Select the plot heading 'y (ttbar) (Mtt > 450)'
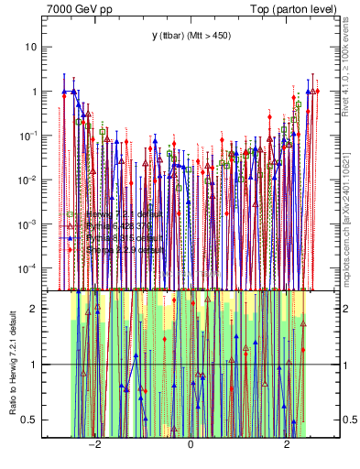click(x=191, y=35)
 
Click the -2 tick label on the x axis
click(x=93, y=451)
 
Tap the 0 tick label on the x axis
click(x=191, y=451)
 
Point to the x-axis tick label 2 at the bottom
click(x=288, y=451)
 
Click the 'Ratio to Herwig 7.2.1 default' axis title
click(x=12, y=362)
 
